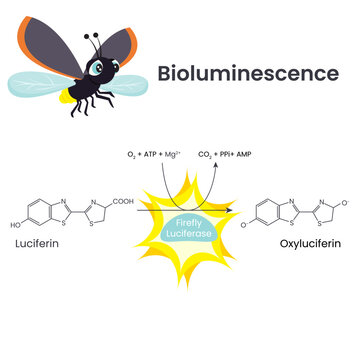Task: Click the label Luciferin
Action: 36,243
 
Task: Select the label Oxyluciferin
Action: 302,243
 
